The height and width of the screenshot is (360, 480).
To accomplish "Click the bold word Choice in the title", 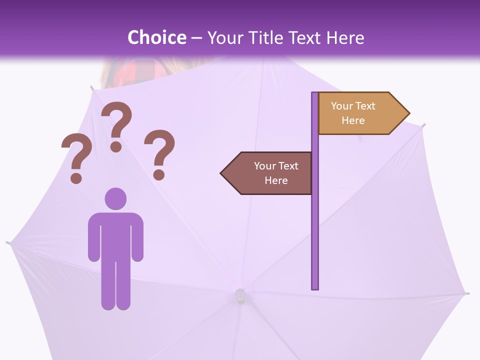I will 156,37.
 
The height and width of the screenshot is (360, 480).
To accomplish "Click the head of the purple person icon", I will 115,198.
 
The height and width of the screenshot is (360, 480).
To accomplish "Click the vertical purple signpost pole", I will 315,225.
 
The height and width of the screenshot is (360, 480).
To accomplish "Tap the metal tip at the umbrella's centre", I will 240,295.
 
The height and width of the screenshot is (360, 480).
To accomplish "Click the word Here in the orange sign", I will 353,120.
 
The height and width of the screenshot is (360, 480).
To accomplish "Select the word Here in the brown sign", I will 276,180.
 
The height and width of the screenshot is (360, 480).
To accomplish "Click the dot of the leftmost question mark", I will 76,177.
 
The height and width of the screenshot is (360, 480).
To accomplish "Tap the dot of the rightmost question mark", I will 159,174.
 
